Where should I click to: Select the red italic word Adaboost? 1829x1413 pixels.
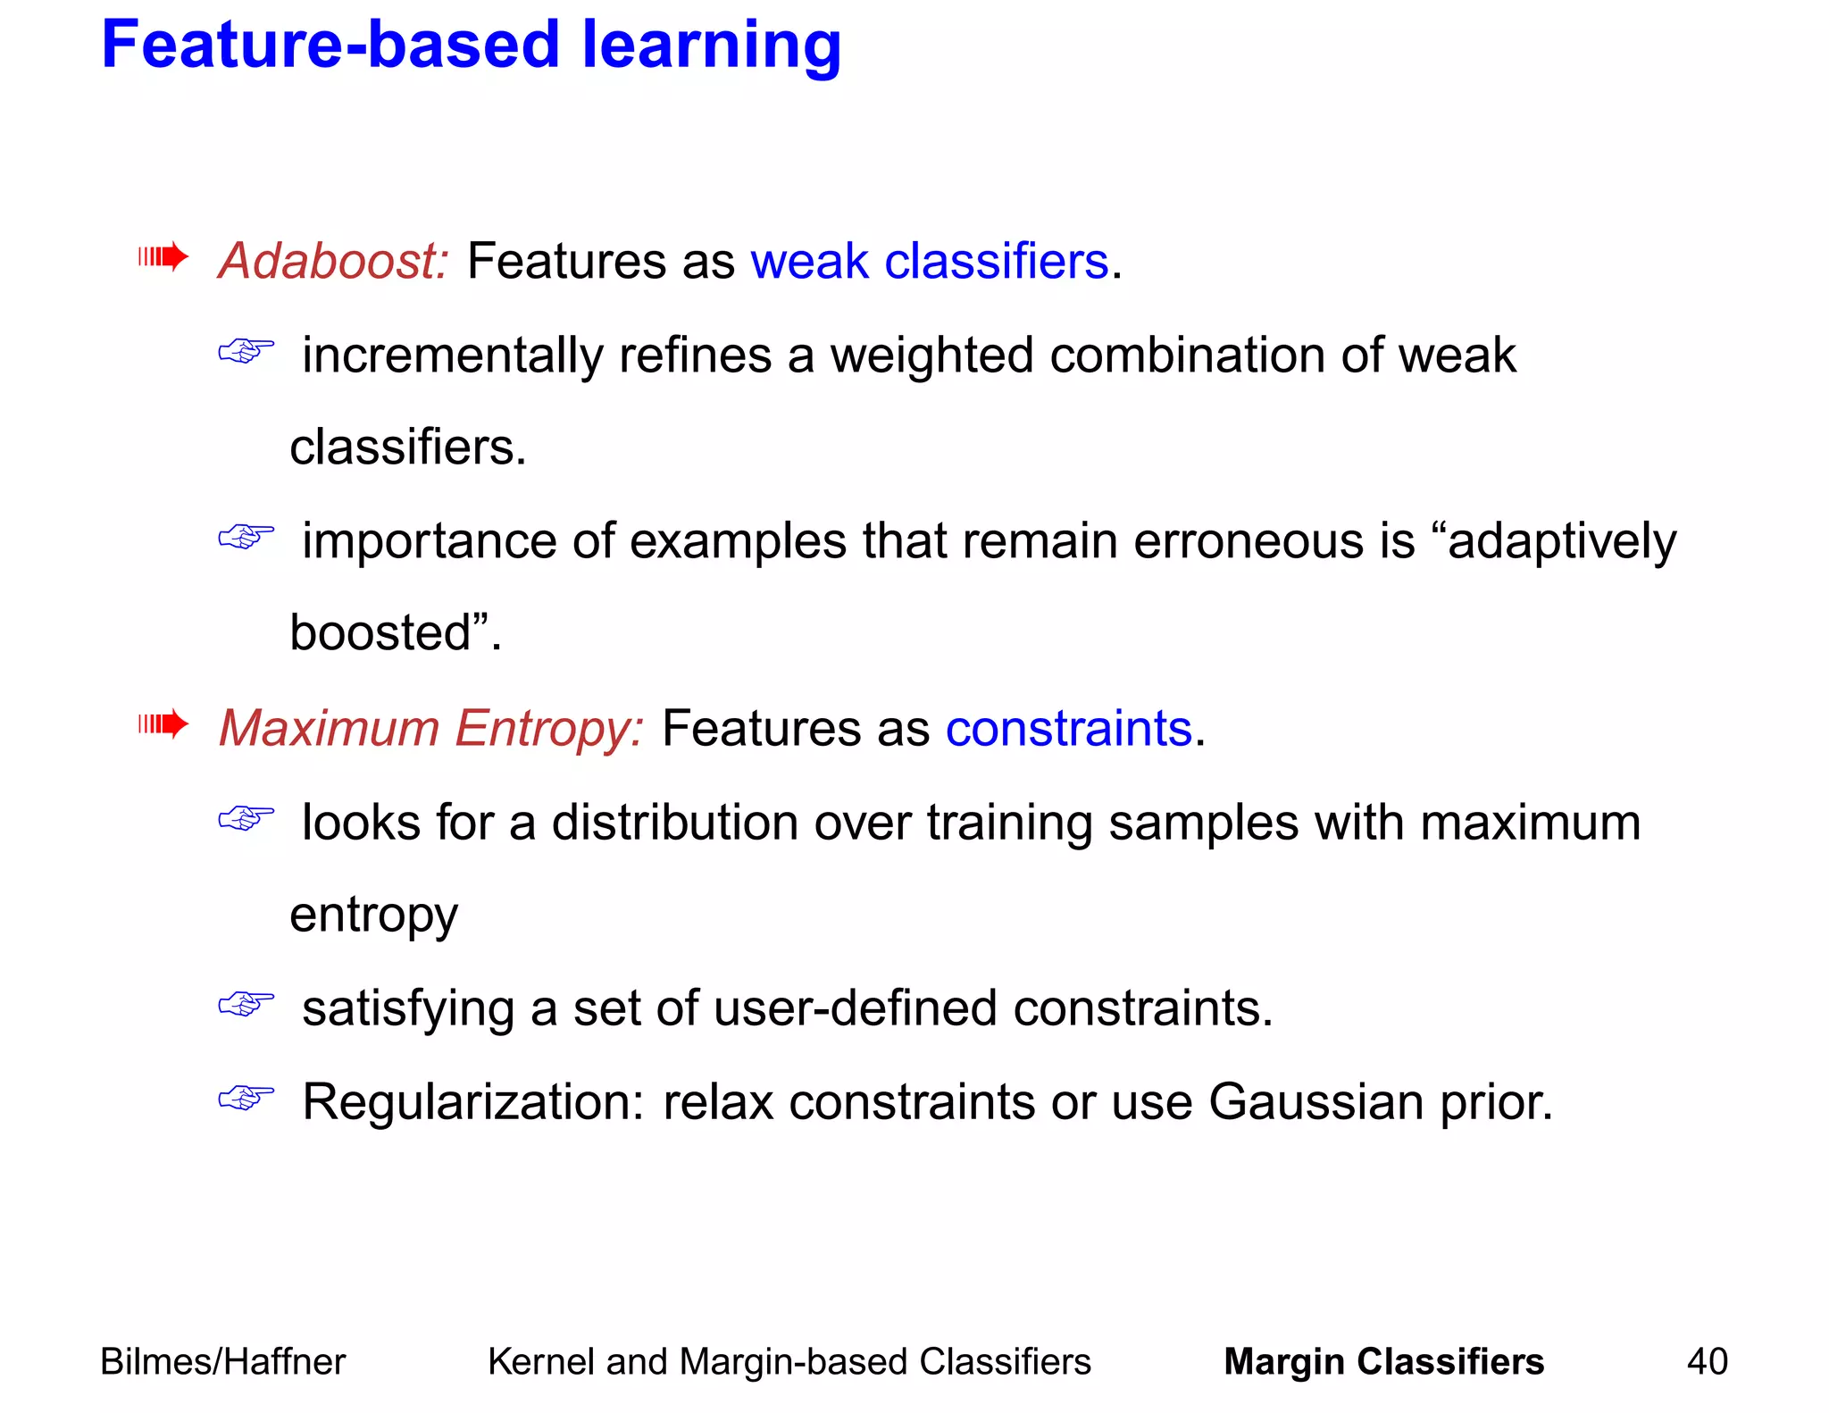click(x=333, y=262)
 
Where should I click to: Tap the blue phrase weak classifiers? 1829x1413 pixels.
click(x=929, y=262)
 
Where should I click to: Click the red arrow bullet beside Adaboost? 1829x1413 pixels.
click(x=163, y=258)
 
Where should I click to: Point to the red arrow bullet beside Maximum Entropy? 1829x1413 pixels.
click(x=163, y=723)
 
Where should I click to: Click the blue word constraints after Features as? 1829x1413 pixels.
click(x=1068, y=729)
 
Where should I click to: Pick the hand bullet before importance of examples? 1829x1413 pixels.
click(x=246, y=537)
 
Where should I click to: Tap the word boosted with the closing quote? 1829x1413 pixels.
click(x=395, y=633)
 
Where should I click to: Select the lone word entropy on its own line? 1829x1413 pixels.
click(x=373, y=916)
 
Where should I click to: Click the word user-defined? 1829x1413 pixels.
click(x=855, y=1008)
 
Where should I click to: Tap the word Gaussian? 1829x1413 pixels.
click(x=1315, y=1102)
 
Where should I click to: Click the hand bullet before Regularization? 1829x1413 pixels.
click(x=246, y=1098)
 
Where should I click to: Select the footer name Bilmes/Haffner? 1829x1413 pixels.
click(x=222, y=1362)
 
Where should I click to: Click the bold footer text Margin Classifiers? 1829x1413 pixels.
click(x=1382, y=1362)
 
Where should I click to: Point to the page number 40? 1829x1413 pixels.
click(x=1707, y=1362)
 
